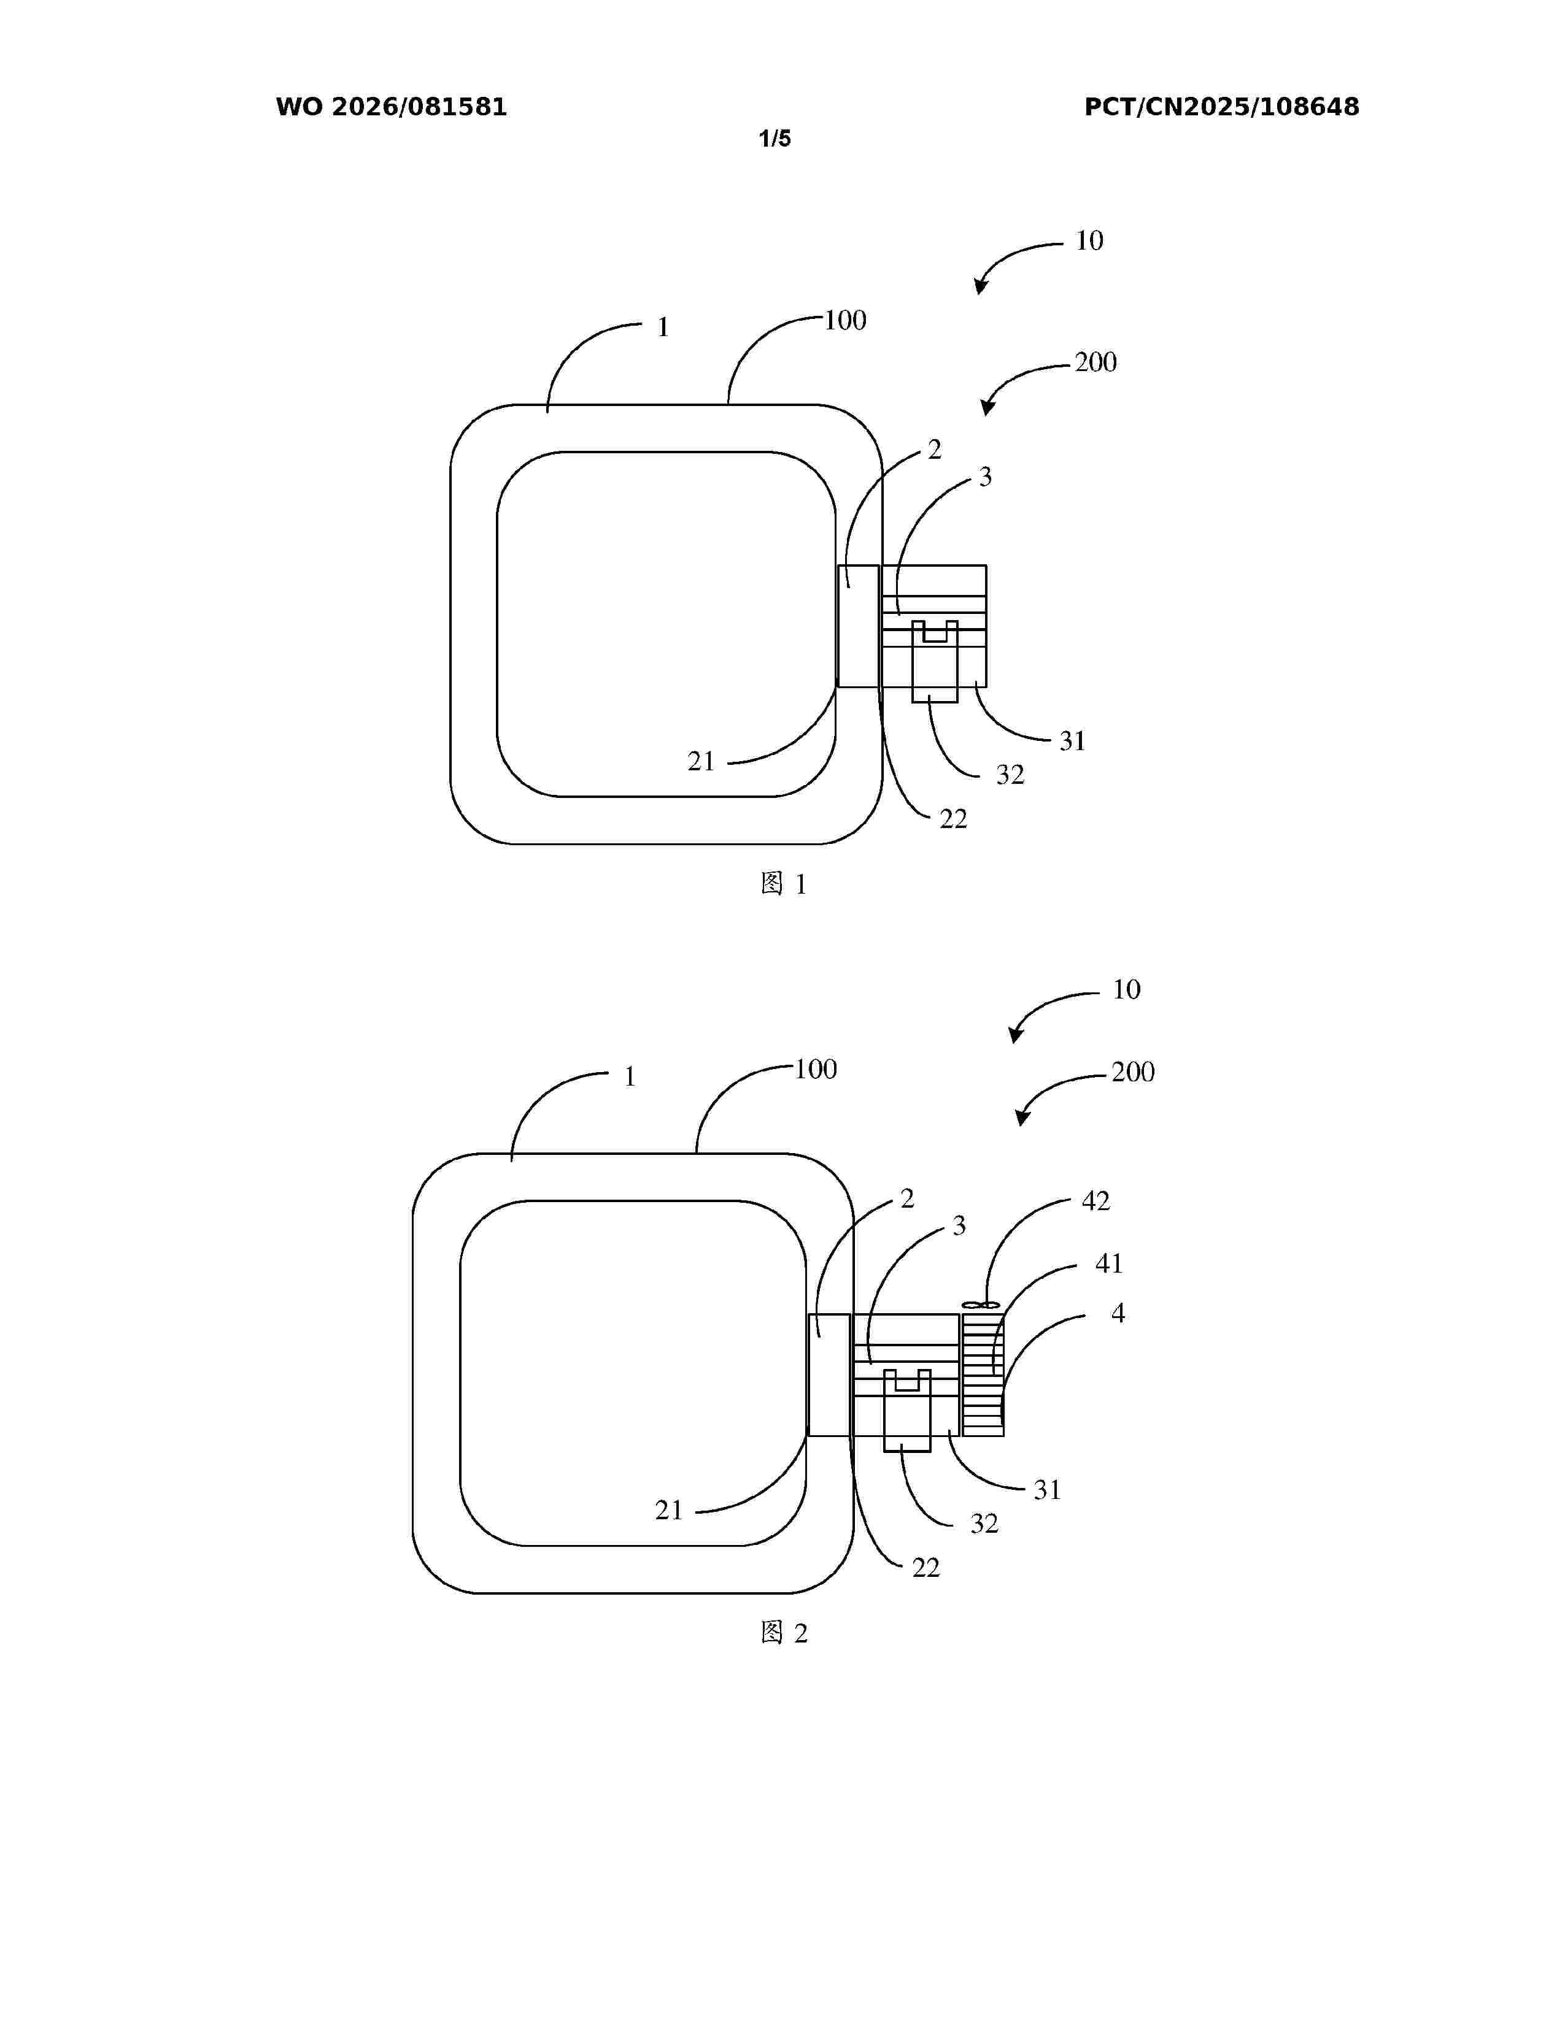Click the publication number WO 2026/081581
pyautogui.click(x=392, y=107)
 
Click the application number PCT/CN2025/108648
pyautogui.click(x=1222, y=107)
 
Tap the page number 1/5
pyautogui.click(x=775, y=139)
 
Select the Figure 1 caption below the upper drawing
pyautogui.click(x=784, y=884)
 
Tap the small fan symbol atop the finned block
pyautogui.click(x=982, y=1306)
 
